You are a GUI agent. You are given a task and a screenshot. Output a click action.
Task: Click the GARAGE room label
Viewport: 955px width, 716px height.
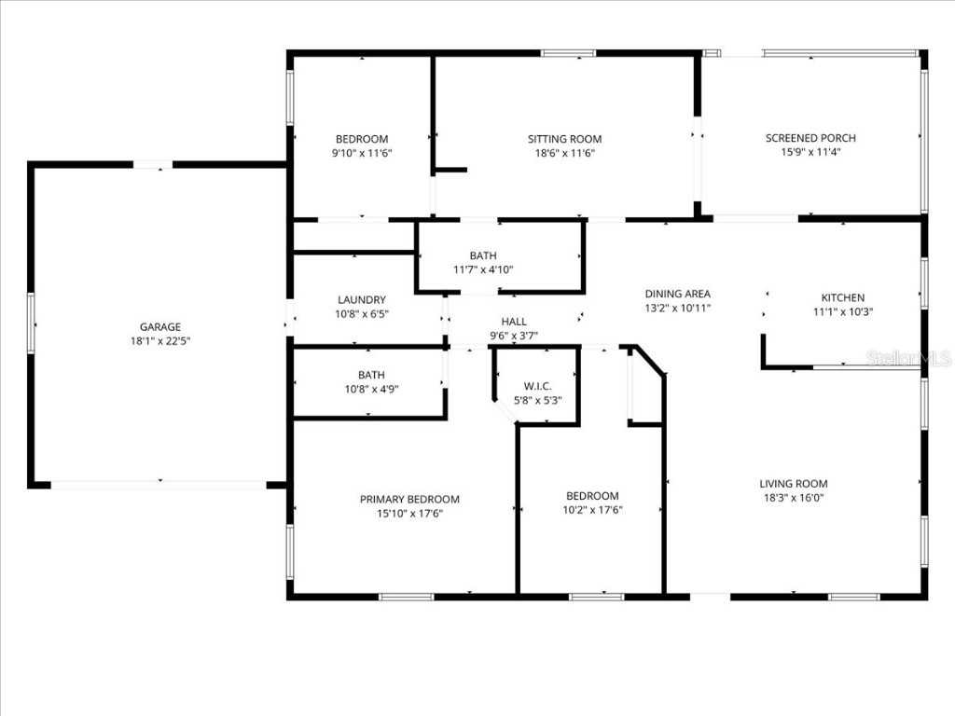pyautogui.click(x=160, y=327)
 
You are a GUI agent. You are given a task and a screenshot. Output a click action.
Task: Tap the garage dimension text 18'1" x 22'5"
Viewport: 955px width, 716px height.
pyautogui.click(x=160, y=341)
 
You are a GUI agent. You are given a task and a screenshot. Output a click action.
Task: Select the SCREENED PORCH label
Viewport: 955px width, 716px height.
pyautogui.click(x=810, y=138)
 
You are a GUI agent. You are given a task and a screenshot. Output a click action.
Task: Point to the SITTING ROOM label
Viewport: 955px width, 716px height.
pyautogui.click(x=564, y=139)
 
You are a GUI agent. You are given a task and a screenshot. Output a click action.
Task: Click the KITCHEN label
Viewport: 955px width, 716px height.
pyautogui.click(x=842, y=298)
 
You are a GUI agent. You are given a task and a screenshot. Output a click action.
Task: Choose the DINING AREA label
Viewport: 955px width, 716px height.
pyautogui.click(x=678, y=294)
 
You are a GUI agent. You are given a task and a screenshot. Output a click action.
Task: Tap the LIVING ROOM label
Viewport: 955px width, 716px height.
pyautogui.click(x=793, y=484)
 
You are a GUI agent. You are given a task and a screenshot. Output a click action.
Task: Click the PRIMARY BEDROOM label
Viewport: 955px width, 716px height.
pyautogui.click(x=409, y=500)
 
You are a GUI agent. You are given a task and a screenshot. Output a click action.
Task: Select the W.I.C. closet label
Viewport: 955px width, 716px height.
pyautogui.click(x=538, y=386)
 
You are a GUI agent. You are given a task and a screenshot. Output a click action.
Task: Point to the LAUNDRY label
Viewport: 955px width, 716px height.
pyautogui.click(x=362, y=300)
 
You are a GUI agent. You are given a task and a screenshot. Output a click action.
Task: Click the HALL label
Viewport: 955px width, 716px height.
pyautogui.click(x=514, y=322)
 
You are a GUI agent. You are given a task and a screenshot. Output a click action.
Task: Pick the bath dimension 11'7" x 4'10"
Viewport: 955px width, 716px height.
pyautogui.click(x=483, y=269)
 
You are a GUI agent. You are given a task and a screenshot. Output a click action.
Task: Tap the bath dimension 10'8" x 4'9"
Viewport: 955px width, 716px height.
pyautogui.click(x=371, y=390)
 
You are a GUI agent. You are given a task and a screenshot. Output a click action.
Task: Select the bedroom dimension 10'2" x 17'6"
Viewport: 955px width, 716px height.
pyautogui.click(x=592, y=510)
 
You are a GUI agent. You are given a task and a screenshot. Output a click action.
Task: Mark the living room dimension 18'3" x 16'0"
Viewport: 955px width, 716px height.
pyautogui.click(x=793, y=498)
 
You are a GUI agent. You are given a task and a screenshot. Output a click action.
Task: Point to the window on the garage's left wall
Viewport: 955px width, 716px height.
pyautogui.click(x=31, y=323)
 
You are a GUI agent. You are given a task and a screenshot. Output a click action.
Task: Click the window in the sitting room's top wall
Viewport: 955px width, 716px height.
pyautogui.click(x=568, y=53)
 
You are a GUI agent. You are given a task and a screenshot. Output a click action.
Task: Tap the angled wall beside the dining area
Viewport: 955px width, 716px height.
pyautogui.click(x=650, y=361)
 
